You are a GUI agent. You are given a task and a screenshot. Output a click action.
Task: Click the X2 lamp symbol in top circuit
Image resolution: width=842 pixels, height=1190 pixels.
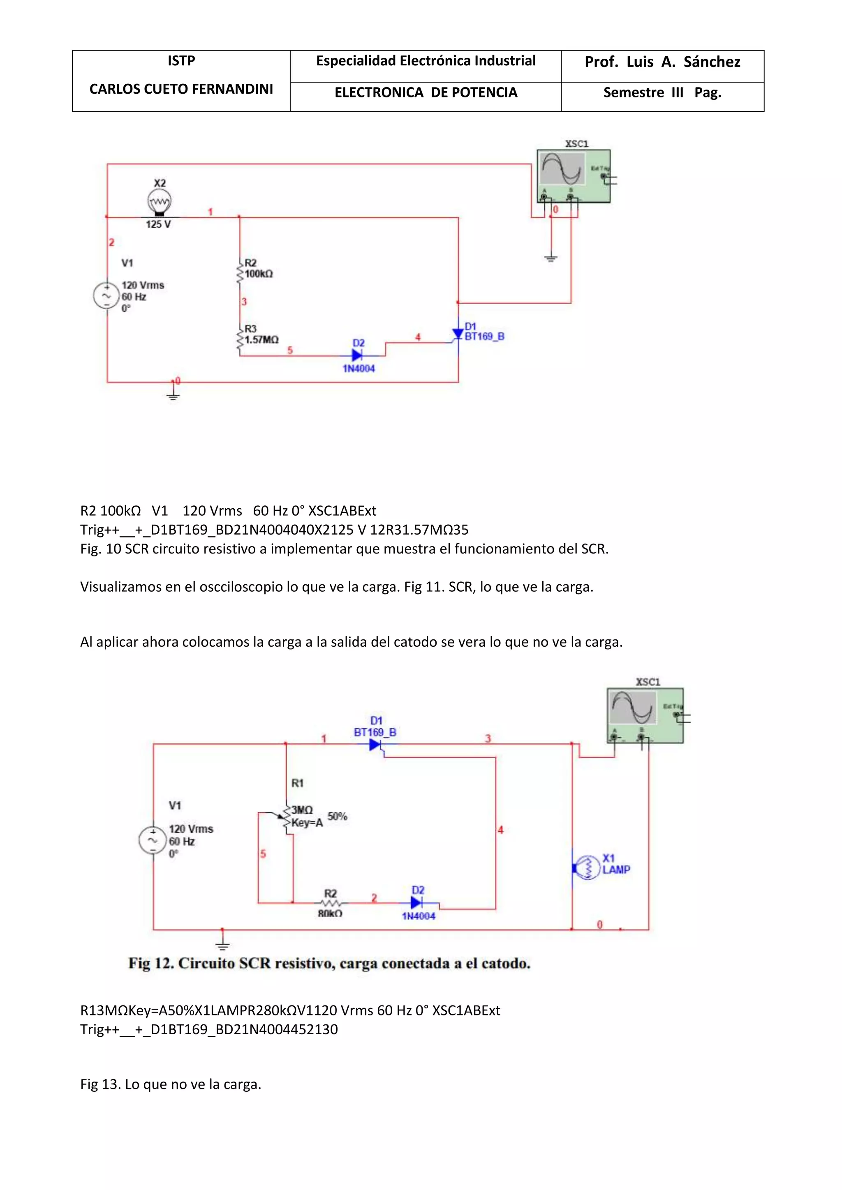[x=159, y=202]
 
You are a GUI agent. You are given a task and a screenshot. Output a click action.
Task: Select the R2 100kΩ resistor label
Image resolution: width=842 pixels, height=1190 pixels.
[x=258, y=268]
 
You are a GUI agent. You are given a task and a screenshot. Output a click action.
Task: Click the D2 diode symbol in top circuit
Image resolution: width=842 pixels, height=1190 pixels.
[x=357, y=355]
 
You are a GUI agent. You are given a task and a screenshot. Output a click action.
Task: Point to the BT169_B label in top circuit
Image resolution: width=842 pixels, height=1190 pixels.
[x=484, y=337]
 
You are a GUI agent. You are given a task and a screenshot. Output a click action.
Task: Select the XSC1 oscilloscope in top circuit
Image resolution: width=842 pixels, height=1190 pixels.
[x=574, y=176]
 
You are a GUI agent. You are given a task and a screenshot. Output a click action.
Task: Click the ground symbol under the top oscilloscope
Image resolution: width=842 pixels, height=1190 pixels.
[x=551, y=258]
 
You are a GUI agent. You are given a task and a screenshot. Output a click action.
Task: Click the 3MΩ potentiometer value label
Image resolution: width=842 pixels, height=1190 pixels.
[x=302, y=809]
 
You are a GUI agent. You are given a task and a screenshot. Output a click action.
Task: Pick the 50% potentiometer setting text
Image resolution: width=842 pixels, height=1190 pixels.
[x=337, y=816]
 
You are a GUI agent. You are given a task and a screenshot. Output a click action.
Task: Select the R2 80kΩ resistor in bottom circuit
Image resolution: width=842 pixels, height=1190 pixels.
[x=330, y=903]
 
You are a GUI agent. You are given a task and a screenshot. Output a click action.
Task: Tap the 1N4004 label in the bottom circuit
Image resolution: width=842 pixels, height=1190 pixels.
[x=419, y=916]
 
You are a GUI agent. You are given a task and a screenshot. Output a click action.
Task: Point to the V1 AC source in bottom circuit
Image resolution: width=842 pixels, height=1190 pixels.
[x=153, y=840]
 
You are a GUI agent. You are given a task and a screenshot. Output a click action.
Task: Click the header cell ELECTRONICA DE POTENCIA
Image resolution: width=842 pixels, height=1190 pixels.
[x=426, y=93]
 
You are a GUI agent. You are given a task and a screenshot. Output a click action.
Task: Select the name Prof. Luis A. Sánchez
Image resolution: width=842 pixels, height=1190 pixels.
[x=662, y=62]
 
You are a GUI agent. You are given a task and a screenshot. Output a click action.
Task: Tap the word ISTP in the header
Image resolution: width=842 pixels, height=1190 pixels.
[x=181, y=61]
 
